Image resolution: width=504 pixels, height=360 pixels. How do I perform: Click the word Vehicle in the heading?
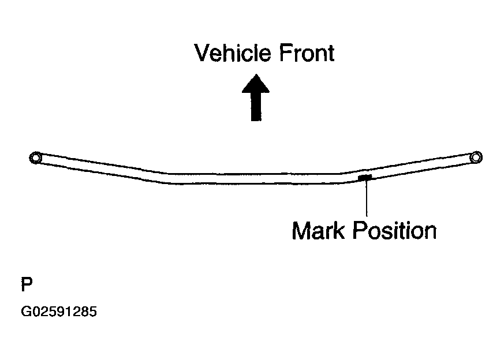coord(233,53)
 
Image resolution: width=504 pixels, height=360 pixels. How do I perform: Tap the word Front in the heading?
coord(307,53)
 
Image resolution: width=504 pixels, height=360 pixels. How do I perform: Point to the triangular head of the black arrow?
coord(256,84)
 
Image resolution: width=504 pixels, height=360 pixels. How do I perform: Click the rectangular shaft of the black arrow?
coord(256,107)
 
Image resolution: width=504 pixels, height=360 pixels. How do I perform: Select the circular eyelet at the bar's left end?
coord(35,157)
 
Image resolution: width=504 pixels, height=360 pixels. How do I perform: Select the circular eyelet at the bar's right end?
coord(476,157)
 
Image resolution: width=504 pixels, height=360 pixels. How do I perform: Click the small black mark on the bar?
coord(365,177)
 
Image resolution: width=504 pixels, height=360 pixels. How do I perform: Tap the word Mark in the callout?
coord(318,231)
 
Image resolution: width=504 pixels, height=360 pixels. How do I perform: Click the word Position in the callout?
coord(395,231)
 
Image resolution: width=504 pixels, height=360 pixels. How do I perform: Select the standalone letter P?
coord(27,284)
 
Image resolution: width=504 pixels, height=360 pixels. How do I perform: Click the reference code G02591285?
coord(59,312)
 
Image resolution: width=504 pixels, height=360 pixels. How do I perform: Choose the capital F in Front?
coord(285,53)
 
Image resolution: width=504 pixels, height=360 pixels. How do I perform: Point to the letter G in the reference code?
coord(25,312)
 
